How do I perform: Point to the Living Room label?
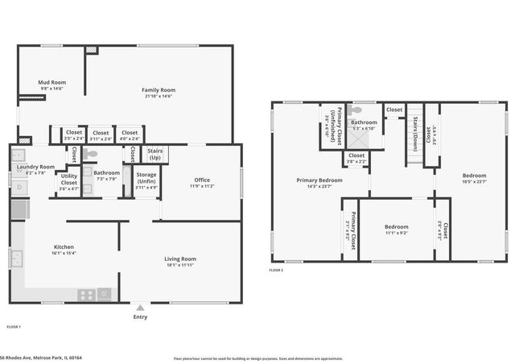[181, 259]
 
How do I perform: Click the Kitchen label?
[64, 247]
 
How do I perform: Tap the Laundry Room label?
[35, 167]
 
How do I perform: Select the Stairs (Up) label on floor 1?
[154, 153]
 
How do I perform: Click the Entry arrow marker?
[141, 308]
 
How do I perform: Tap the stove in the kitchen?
[87, 295]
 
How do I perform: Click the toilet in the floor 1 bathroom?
[92, 153]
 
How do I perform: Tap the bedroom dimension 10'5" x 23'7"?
[473, 181]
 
